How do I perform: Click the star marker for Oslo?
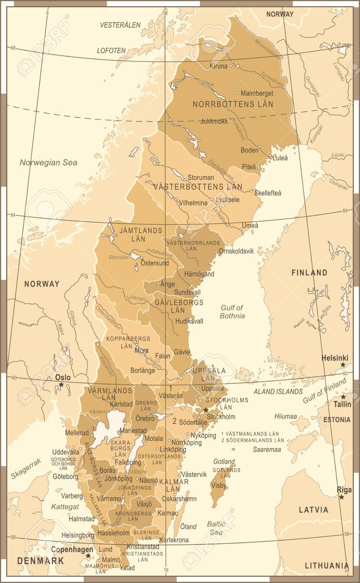point(61,385)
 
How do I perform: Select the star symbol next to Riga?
point(342,497)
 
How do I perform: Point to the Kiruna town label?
point(219,66)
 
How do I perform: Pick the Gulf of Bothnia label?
point(232,311)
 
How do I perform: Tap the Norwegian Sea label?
point(48,163)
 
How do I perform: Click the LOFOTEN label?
point(111,51)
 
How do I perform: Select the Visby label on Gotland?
point(219,485)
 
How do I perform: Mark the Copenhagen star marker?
point(88,556)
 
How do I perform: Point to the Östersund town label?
point(155,263)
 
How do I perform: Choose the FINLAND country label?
point(309,273)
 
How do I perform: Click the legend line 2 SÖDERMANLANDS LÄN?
point(253,440)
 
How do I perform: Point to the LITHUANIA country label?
point(326,566)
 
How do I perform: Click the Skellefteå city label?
point(268,193)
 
